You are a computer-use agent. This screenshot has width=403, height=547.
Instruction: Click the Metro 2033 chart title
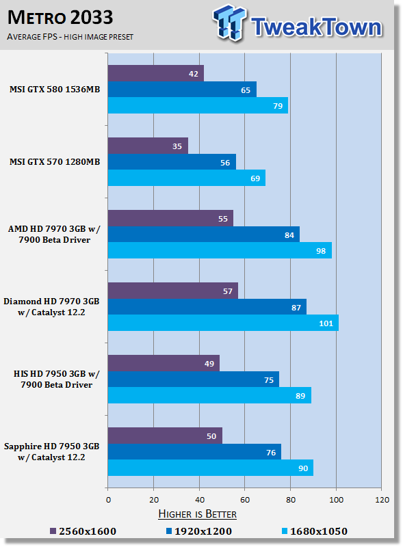coord(60,18)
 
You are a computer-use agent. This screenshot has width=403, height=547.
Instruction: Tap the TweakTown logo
coord(298,23)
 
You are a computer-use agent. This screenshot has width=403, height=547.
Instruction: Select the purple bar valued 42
coord(156,73)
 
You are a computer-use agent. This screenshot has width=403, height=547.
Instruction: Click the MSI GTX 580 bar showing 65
coord(182,90)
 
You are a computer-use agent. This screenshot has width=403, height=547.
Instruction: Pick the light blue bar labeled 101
coord(223,323)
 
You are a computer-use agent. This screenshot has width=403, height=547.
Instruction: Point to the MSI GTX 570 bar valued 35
coord(148,146)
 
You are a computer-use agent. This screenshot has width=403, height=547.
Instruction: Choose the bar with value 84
coord(204,235)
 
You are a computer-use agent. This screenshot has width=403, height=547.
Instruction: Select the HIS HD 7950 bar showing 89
coord(209,395)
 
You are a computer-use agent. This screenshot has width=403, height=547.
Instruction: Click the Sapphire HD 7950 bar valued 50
coord(165,436)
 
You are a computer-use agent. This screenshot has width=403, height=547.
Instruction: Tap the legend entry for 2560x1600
coord(83,531)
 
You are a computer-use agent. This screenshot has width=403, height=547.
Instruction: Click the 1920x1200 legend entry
coord(198,531)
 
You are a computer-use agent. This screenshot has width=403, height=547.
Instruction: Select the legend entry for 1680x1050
coord(315,531)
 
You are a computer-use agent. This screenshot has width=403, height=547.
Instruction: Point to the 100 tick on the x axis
coord(337,500)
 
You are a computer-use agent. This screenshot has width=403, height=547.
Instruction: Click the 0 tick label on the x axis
coord(108,500)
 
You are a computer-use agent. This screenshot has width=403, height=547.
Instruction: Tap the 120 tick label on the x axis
coord(382,500)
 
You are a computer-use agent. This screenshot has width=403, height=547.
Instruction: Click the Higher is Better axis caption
coord(197,514)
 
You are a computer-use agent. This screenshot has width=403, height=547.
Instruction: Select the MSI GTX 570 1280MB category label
coord(55,162)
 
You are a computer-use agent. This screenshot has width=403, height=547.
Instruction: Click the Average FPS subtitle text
coord(70,37)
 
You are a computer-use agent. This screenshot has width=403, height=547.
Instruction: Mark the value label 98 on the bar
coord(321,251)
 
